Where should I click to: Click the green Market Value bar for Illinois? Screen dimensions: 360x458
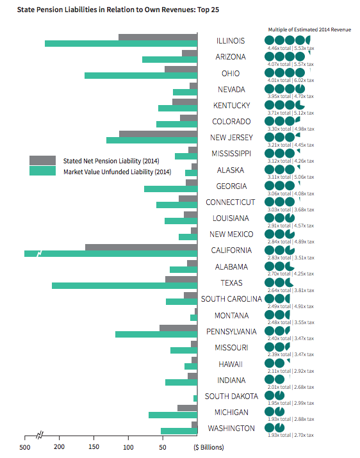[121, 44]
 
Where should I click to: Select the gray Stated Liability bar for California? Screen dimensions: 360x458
[142, 247]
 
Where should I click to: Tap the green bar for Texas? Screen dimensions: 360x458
[125, 286]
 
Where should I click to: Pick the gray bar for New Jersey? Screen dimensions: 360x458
[158, 134]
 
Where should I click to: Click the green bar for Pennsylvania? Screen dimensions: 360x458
[157, 334]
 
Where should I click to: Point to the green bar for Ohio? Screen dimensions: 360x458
[141, 76]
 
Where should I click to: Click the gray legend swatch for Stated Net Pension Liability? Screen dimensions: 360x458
[42, 160]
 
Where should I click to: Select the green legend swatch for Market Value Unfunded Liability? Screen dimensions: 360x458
[42, 171]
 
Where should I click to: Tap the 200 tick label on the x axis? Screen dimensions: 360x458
[59, 447]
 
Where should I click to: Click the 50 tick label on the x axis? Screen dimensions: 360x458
[163, 447]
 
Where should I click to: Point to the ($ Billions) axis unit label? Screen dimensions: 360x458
[209, 447]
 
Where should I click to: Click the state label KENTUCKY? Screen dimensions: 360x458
[231, 106]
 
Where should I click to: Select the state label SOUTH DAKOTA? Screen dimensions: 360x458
[231, 397]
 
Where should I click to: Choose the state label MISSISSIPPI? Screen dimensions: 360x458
[231, 154]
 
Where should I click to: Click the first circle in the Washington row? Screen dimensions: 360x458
[270, 428]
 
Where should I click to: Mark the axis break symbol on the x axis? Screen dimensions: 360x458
[40, 436]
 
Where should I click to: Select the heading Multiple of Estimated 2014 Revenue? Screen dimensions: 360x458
[309, 29]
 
